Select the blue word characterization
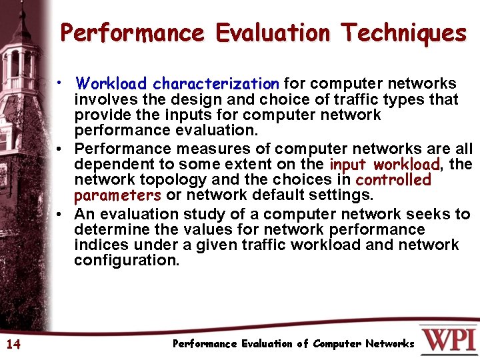(x=215, y=84)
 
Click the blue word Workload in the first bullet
(x=111, y=84)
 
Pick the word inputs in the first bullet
(x=182, y=115)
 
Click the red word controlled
(x=393, y=180)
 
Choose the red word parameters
(x=117, y=196)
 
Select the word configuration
(x=127, y=261)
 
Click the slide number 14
(x=13, y=344)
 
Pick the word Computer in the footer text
(x=337, y=344)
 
